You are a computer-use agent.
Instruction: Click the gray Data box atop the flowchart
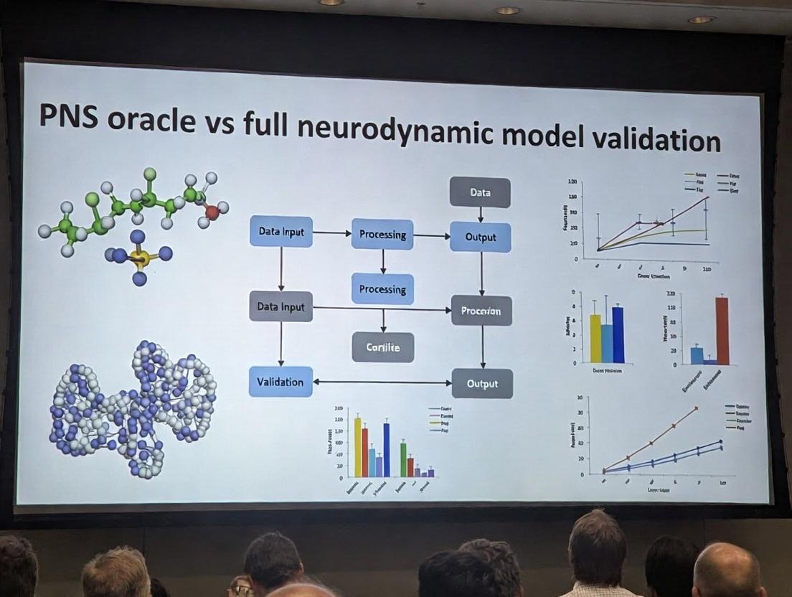[x=480, y=192]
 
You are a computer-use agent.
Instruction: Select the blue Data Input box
[x=281, y=232]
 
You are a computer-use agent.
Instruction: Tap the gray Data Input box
[x=280, y=306]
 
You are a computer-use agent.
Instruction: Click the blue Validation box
[x=280, y=382]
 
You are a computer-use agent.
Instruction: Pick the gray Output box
[x=482, y=383]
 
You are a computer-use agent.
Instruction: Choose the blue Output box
[x=481, y=237]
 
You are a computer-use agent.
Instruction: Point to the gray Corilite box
[x=383, y=347]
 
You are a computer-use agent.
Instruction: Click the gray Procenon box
[x=481, y=311]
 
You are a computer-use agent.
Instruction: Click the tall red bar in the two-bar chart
[x=722, y=331]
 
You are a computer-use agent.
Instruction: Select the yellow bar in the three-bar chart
[x=595, y=338]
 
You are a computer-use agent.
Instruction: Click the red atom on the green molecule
[x=212, y=212]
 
